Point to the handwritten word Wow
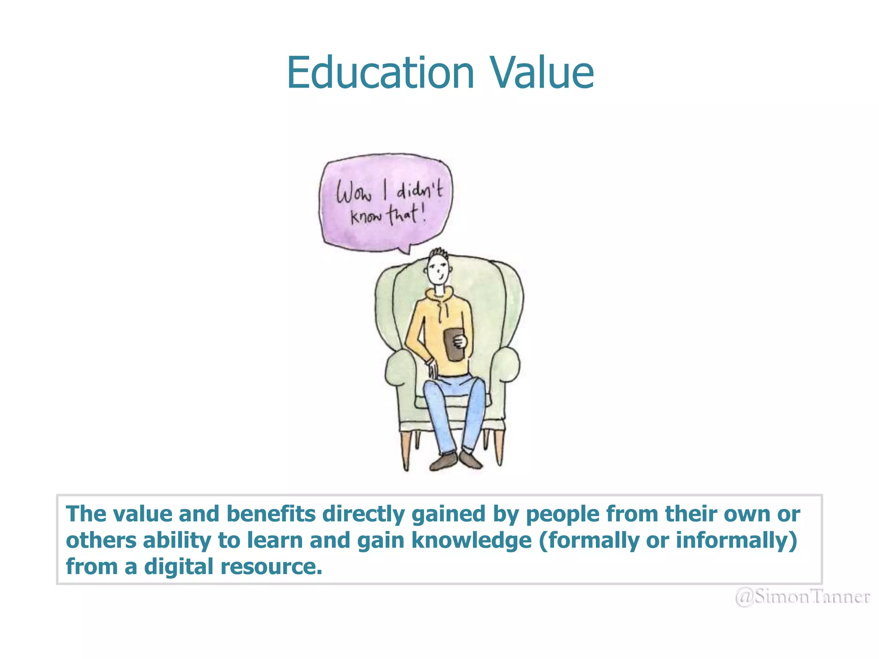(353, 193)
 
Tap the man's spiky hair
(439, 253)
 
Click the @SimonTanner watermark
(803, 597)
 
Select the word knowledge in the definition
(472, 540)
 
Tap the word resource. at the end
(271, 567)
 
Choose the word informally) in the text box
(737, 540)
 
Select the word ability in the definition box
(177, 540)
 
